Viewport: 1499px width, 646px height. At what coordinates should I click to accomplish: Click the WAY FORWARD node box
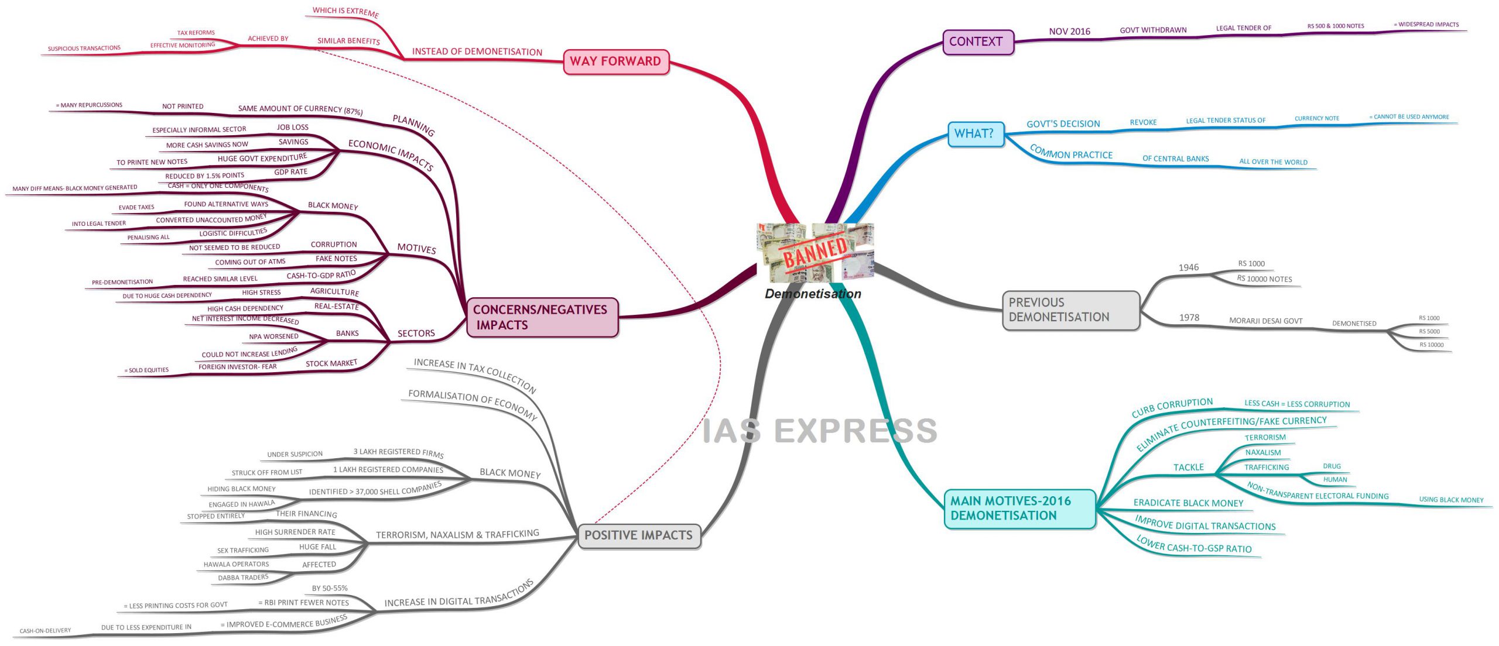click(x=616, y=61)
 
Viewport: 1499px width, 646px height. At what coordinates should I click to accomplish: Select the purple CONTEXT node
click(x=978, y=42)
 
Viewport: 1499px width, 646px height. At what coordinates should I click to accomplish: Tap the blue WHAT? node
click(x=976, y=134)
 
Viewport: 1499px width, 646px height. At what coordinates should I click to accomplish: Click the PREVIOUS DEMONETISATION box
click(x=1071, y=310)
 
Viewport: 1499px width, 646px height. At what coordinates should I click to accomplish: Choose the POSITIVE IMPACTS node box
click(x=639, y=535)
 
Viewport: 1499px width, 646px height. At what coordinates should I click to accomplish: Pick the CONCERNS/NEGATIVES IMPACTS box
click(x=542, y=317)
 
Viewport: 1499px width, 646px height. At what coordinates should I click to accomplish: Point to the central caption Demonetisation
click(x=813, y=294)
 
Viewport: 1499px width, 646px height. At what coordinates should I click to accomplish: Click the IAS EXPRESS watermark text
click(x=820, y=431)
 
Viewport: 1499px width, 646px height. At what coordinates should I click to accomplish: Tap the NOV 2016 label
click(x=1069, y=32)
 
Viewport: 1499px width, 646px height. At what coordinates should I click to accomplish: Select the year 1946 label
click(x=1188, y=267)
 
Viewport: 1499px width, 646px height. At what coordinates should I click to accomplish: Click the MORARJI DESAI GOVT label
click(x=1265, y=321)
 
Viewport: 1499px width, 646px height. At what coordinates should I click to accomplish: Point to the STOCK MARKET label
click(x=331, y=363)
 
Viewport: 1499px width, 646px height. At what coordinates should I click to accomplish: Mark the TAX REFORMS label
click(x=196, y=33)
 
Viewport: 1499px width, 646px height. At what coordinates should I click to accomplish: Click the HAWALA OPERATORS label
click(x=236, y=564)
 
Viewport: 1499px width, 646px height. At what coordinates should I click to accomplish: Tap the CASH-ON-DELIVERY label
click(x=45, y=631)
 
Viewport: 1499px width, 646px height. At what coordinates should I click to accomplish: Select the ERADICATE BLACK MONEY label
click(x=1188, y=503)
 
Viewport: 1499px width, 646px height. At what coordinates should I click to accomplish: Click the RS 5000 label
click(x=1429, y=331)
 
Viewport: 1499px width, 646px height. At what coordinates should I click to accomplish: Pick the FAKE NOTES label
click(x=336, y=259)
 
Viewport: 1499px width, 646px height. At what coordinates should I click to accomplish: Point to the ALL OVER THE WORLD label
click(x=1273, y=161)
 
